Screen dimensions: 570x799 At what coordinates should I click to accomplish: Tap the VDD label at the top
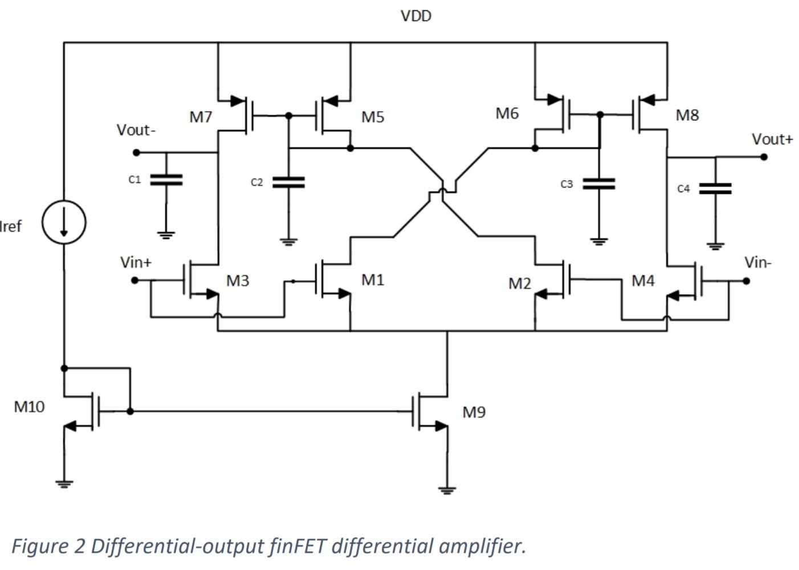click(x=415, y=16)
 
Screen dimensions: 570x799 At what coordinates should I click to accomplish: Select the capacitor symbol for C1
click(x=166, y=180)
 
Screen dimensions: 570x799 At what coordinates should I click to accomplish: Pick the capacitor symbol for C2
click(x=288, y=182)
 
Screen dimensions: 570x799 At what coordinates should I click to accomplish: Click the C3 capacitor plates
click(x=598, y=184)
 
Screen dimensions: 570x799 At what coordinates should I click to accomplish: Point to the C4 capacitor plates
click(x=715, y=189)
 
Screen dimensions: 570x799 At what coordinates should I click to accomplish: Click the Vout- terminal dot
click(x=136, y=152)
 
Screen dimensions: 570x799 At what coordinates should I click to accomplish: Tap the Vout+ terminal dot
click(x=764, y=157)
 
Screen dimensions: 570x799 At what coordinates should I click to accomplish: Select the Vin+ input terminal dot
click(x=135, y=280)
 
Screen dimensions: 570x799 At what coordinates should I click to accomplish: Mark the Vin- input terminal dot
click(x=746, y=280)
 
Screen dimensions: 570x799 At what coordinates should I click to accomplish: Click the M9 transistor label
click(x=474, y=412)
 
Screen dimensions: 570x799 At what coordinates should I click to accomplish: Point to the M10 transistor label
click(x=29, y=406)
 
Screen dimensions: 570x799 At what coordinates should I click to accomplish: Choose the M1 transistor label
click(x=373, y=279)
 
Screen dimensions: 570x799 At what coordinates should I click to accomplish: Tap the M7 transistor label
click(x=201, y=117)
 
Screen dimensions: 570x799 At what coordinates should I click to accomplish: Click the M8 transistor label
click(x=687, y=115)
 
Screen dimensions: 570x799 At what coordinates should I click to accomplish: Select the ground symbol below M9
click(x=447, y=489)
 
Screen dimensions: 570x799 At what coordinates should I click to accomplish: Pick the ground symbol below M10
click(x=64, y=484)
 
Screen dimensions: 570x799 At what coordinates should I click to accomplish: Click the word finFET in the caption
click(x=298, y=546)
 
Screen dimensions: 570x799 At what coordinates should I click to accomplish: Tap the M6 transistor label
click(x=507, y=113)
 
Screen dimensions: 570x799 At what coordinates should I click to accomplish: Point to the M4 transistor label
click(x=643, y=280)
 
